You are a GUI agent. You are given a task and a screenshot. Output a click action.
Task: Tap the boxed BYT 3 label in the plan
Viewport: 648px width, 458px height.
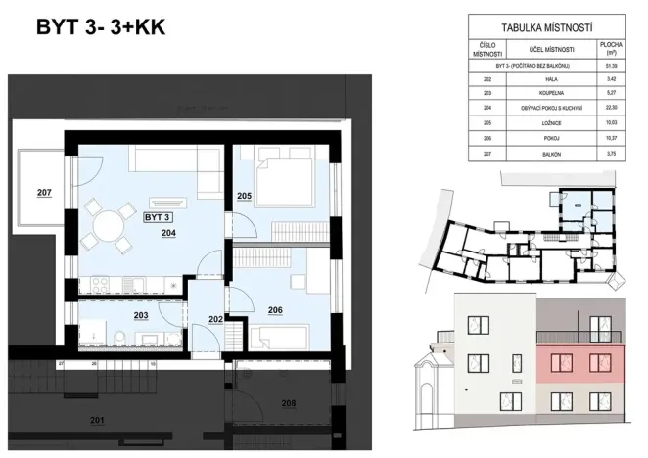158,217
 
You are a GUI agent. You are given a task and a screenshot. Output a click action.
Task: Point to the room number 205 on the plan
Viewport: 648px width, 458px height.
245,196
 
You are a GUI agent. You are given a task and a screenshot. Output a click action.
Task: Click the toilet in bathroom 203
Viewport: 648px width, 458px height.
117,340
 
